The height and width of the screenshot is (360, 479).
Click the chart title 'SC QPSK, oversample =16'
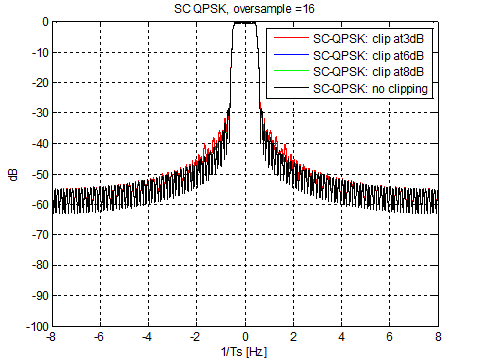tap(244, 9)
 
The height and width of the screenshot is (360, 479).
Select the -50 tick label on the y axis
tap(37, 174)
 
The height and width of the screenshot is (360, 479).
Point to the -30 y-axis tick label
tap(37, 113)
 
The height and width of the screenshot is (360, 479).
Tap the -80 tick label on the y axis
tap(37, 266)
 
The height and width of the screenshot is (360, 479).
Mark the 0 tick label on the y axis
tap(43, 21)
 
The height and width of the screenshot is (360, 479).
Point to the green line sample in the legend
tap(289, 72)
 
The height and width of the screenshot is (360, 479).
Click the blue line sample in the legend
tap(289, 55)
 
